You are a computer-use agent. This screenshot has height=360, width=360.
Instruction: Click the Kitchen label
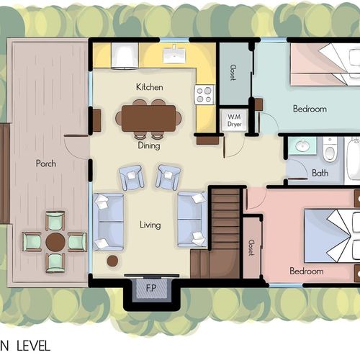(150, 87)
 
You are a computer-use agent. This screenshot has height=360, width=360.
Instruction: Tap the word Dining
(149, 145)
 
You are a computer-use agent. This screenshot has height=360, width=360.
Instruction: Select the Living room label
(150, 225)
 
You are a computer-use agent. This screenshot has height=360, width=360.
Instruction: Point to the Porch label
(46, 163)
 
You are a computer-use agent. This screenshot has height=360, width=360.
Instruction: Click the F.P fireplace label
(151, 288)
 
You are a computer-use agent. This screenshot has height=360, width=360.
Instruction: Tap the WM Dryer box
(234, 120)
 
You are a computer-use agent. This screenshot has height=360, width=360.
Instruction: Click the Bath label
(320, 173)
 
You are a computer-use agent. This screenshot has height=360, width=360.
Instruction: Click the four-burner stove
(204, 95)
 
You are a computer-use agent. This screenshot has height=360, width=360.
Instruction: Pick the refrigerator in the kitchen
(125, 56)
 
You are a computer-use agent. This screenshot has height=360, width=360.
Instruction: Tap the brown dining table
(148, 118)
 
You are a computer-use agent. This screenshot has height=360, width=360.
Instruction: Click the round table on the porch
(55, 242)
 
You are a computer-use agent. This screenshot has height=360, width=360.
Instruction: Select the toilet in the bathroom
(330, 149)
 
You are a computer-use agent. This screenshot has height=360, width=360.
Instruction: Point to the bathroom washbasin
(302, 145)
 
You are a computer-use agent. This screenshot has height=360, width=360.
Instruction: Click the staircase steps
(225, 219)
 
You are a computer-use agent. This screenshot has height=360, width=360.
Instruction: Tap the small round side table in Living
(112, 261)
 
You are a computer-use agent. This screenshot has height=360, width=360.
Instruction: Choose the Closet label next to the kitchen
(233, 72)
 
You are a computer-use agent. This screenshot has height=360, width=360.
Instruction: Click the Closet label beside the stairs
(251, 248)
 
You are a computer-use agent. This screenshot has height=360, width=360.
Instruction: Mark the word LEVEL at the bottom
(33, 346)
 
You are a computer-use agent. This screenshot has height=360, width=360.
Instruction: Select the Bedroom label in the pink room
(307, 271)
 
